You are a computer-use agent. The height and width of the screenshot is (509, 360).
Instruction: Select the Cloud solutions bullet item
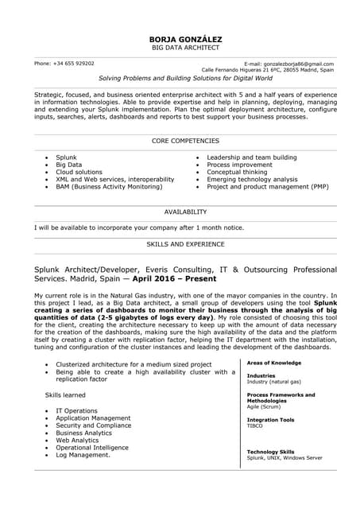click(x=79, y=172)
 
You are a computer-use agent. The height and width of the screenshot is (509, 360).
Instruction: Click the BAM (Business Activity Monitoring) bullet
click(x=109, y=187)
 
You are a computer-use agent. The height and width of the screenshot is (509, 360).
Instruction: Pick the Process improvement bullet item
click(x=239, y=165)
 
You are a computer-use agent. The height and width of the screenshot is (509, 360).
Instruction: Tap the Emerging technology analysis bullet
click(x=252, y=180)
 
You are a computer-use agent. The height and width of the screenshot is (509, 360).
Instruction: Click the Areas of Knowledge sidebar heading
click(x=274, y=363)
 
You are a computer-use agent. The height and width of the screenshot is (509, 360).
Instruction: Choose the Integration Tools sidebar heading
click(x=270, y=419)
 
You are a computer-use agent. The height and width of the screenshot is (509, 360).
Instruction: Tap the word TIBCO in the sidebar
click(x=255, y=425)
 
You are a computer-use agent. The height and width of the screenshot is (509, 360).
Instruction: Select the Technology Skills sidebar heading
click(x=270, y=452)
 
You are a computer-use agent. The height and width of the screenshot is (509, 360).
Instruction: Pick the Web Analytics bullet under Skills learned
click(x=77, y=440)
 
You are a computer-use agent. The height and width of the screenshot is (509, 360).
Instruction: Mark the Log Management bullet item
click(x=83, y=455)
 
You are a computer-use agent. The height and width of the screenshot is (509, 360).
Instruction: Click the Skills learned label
click(x=65, y=394)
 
